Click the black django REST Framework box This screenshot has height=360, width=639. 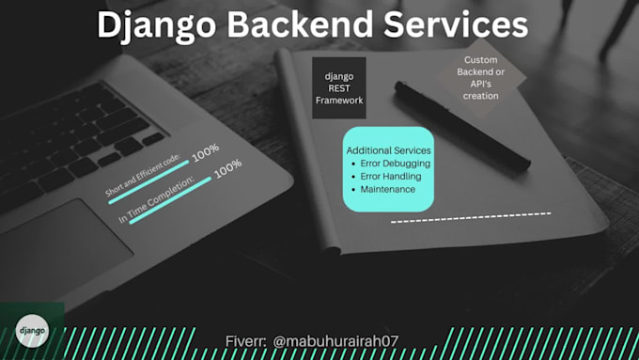point(338,87)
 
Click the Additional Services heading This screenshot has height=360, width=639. point(388,150)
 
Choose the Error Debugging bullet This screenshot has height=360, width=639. point(396,163)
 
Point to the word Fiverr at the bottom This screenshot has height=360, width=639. point(249,340)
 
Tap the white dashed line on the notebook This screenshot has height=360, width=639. point(471,218)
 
